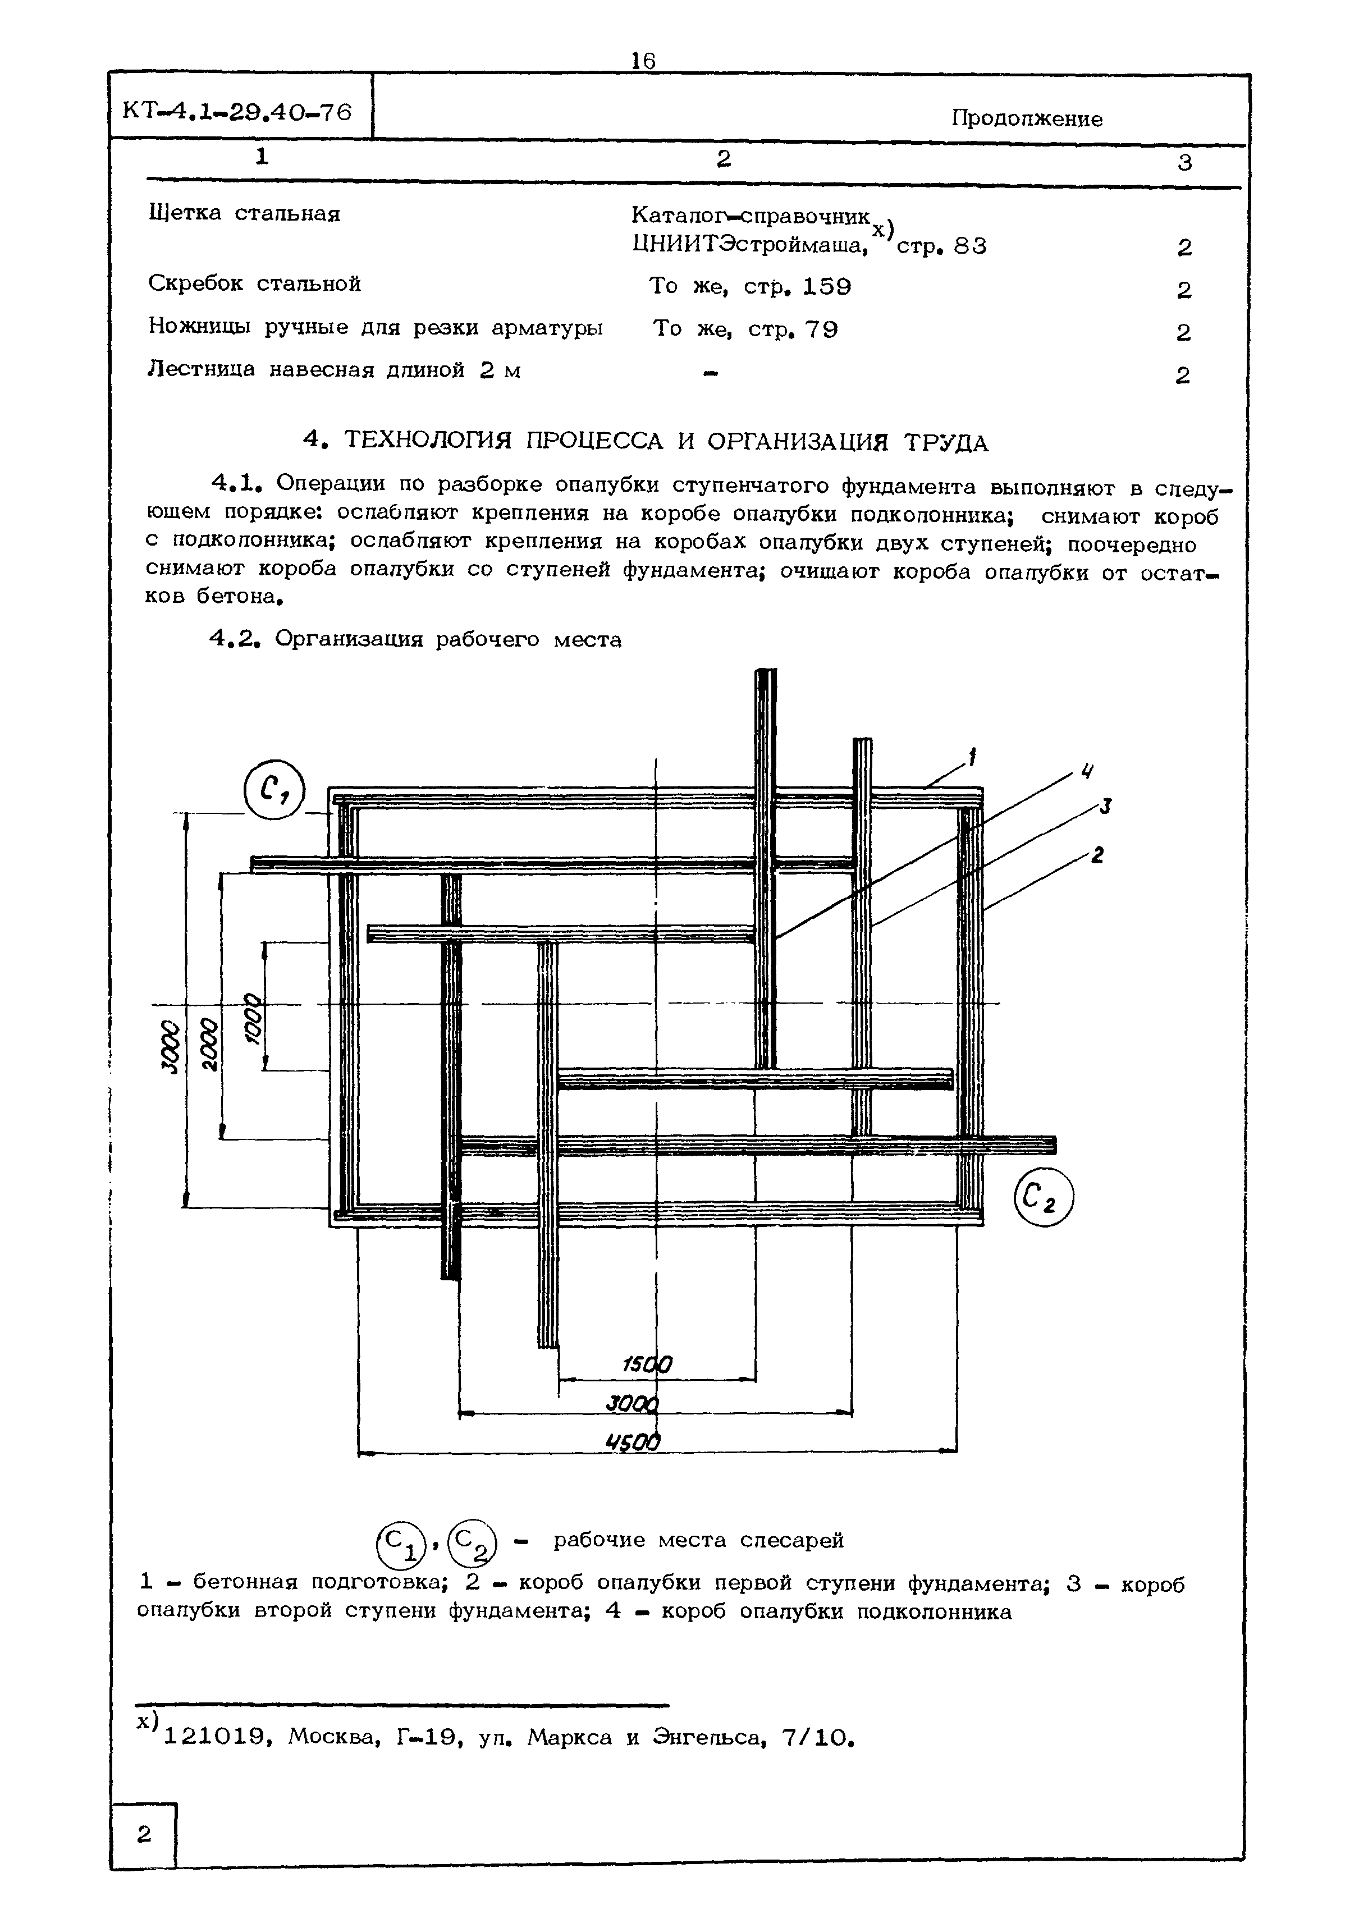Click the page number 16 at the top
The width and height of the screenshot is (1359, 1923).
click(x=643, y=61)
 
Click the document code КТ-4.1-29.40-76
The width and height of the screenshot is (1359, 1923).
click(x=237, y=111)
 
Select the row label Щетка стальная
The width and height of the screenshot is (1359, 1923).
click(x=244, y=214)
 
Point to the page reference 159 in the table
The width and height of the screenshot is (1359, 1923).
click(x=826, y=287)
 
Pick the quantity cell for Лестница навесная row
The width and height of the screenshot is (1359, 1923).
click(x=1182, y=375)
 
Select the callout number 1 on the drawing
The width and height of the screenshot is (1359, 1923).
click(x=972, y=758)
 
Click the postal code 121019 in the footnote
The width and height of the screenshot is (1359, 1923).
click(x=214, y=1737)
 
